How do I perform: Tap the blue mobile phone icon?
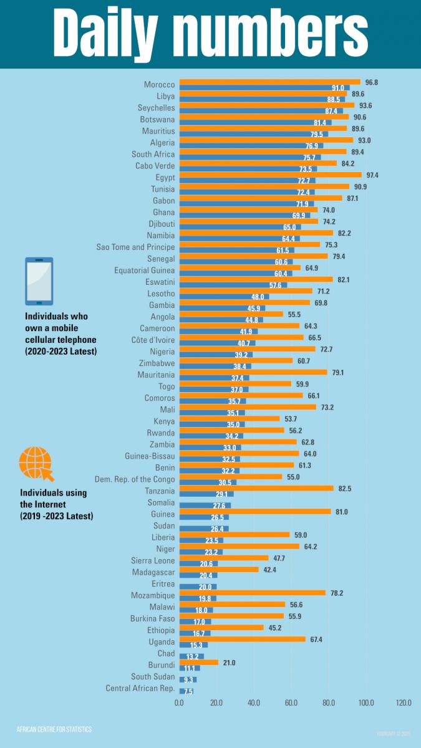coord(39,280)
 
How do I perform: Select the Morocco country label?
coord(159,84)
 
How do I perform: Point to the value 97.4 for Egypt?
coord(372,175)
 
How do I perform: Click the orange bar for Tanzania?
coord(256,489)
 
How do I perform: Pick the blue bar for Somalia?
coord(205,506)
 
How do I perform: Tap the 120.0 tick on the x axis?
coord(403,702)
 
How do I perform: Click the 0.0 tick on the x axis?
coord(180,702)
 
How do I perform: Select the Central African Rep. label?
coord(140,688)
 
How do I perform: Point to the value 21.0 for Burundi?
coord(230,662)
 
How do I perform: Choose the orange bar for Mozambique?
coord(253,593)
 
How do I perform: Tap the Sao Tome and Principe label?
coord(135,247)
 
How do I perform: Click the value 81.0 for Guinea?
coord(341,512)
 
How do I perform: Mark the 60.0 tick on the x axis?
coord(291,702)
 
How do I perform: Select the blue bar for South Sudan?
coord(188,679)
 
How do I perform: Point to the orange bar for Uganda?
coord(243,639)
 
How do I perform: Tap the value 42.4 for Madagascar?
coord(269,570)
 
